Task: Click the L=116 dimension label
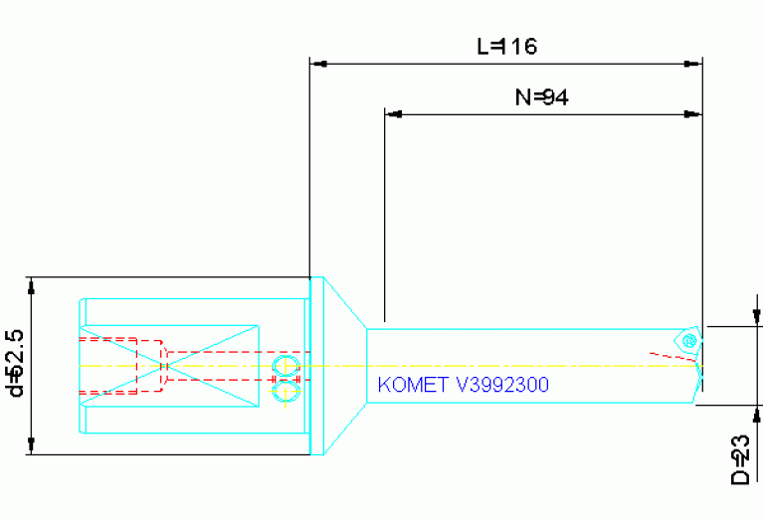(507, 46)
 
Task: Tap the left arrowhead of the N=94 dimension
(393, 114)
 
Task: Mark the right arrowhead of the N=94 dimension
(693, 114)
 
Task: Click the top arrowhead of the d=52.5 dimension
(33, 285)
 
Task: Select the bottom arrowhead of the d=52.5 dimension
(33, 446)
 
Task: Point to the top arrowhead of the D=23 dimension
(758, 317)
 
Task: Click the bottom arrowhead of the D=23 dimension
(758, 413)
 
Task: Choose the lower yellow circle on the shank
(286, 394)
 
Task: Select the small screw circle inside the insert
(687, 339)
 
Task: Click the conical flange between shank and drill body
(338, 366)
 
